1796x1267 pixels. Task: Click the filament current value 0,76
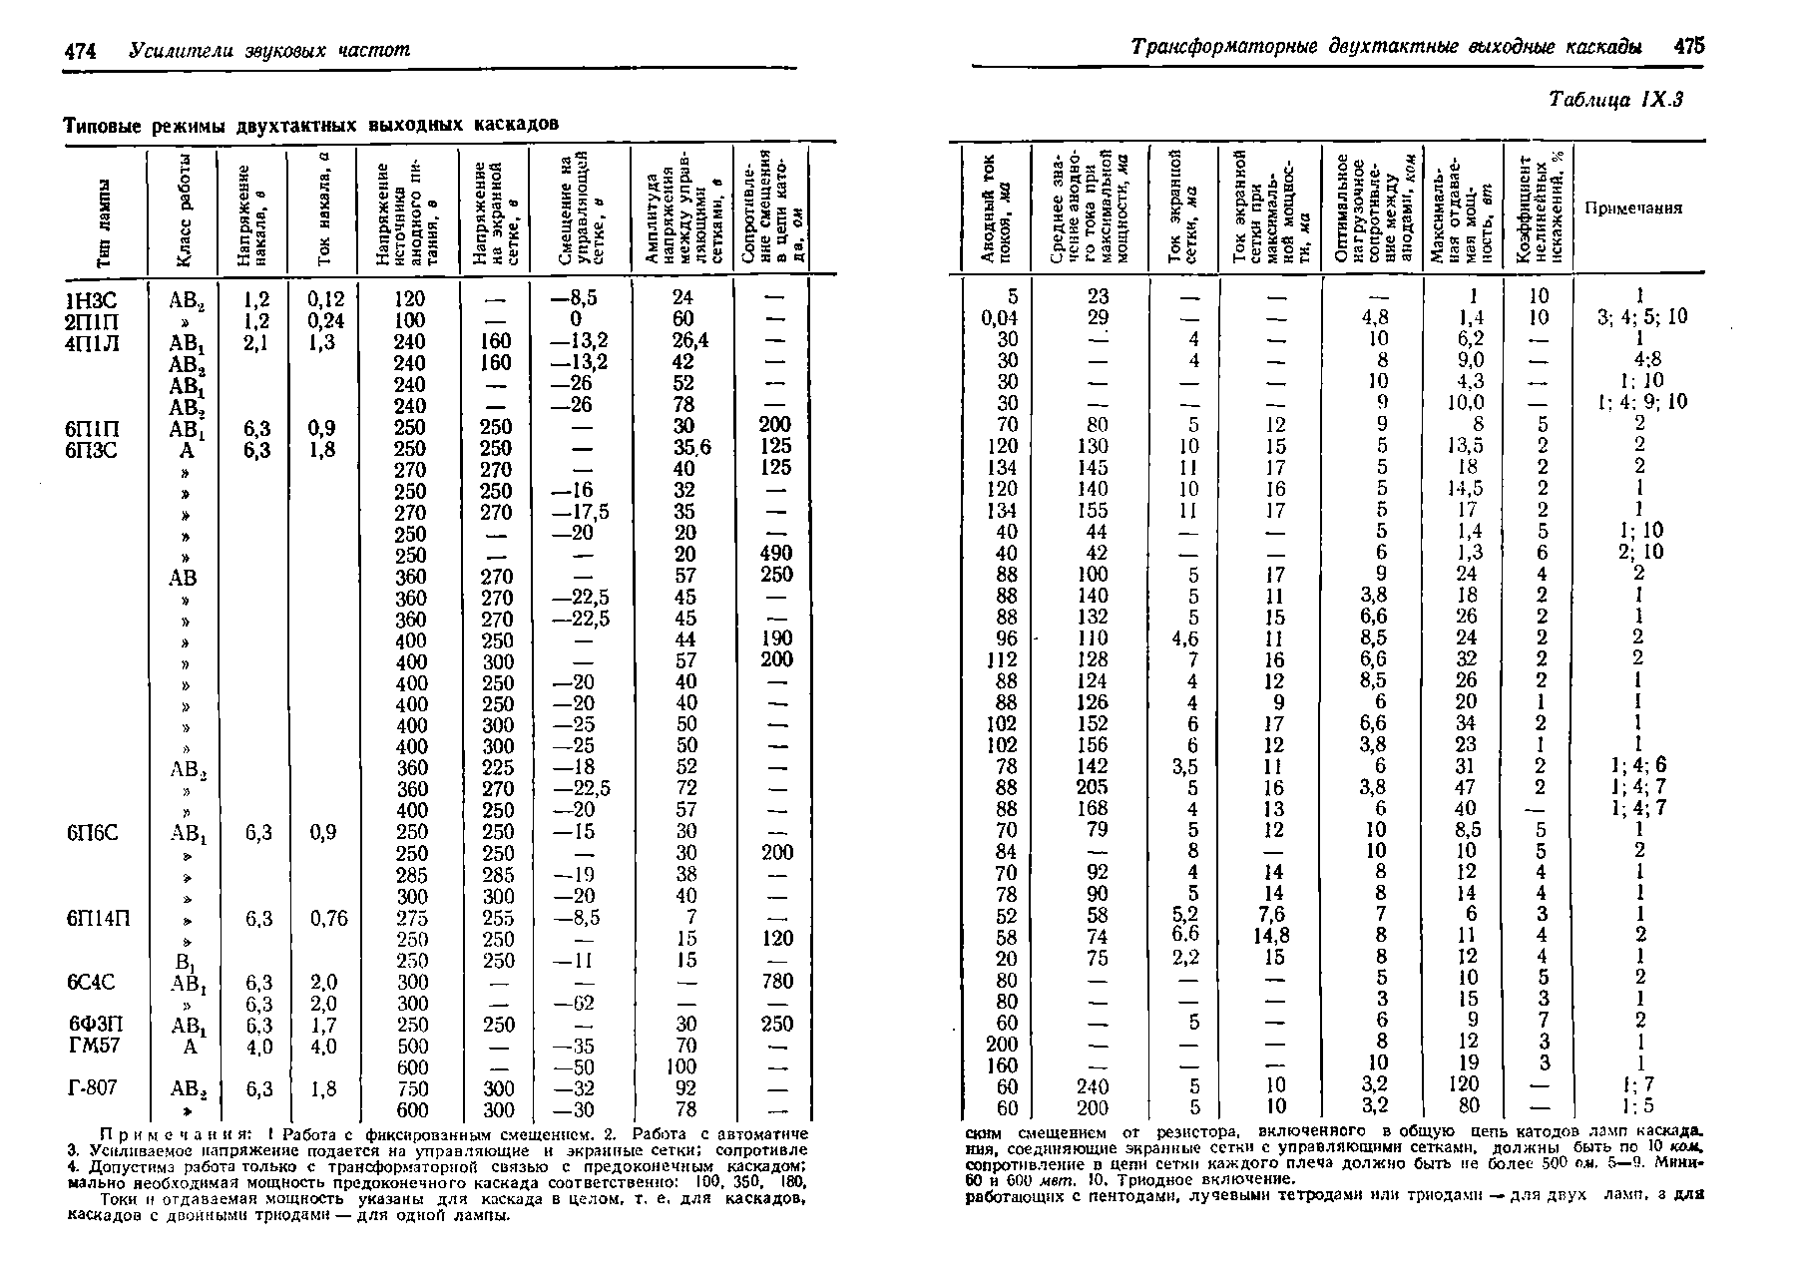[x=328, y=918]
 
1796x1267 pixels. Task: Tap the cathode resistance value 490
[x=775, y=554]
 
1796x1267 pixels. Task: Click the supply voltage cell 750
[x=410, y=1088]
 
